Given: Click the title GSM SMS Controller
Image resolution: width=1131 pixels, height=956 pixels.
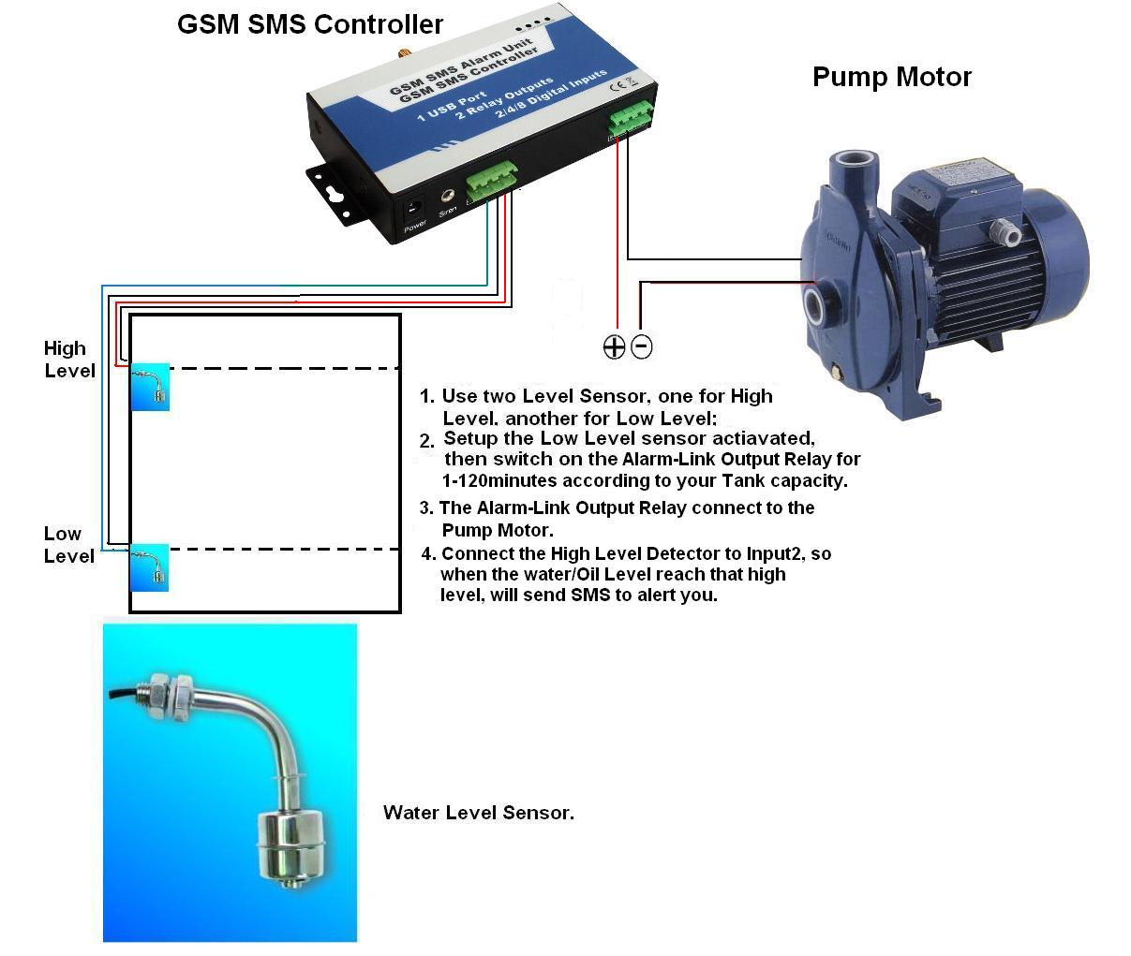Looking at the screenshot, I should pyautogui.click(x=310, y=24).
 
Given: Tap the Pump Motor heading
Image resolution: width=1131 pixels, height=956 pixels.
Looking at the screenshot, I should pyautogui.click(x=891, y=77).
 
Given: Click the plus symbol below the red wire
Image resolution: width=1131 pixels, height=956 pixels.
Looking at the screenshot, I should pyautogui.click(x=614, y=347).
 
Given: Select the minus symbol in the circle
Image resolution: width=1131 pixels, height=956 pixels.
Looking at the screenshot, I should pyautogui.click(x=642, y=346).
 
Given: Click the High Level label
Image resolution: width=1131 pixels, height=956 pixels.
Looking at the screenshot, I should pyautogui.click(x=68, y=360).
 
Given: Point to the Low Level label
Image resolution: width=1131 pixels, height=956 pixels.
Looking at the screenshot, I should pyautogui.click(x=68, y=545).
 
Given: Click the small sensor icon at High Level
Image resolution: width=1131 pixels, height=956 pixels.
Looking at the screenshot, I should pyautogui.click(x=150, y=387).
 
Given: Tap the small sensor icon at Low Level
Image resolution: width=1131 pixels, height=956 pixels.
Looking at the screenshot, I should pyautogui.click(x=150, y=567).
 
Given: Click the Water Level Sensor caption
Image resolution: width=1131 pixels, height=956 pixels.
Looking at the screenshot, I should pyautogui.click(x=478, y=813).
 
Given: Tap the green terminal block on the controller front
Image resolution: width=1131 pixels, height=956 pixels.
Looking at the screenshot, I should pyautogui.click(x=492, y=180).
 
